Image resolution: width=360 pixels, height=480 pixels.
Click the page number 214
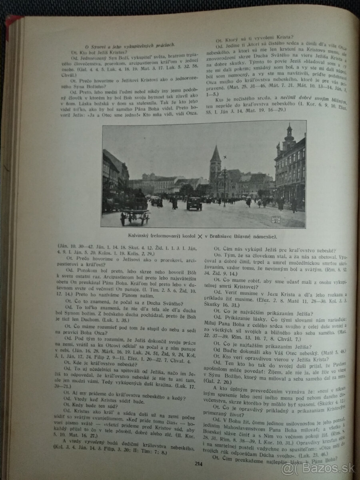click(198, 464)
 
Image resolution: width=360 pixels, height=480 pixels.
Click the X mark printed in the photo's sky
click(226, 157)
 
